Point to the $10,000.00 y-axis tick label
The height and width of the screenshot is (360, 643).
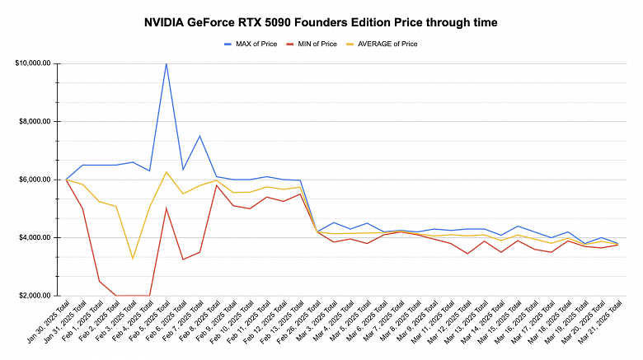33,63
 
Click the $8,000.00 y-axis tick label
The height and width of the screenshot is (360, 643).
35,121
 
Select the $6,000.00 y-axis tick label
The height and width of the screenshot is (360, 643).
35,180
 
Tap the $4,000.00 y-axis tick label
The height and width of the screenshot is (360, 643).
35,237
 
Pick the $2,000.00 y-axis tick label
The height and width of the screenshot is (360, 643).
35,296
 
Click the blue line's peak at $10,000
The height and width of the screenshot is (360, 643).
167,63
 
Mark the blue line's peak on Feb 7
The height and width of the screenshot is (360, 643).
199,136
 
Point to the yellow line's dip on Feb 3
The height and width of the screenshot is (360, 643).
133,259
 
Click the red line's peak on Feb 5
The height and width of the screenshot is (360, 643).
167,208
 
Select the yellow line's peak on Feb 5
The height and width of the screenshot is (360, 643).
167,172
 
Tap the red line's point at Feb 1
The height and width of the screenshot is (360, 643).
100,281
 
